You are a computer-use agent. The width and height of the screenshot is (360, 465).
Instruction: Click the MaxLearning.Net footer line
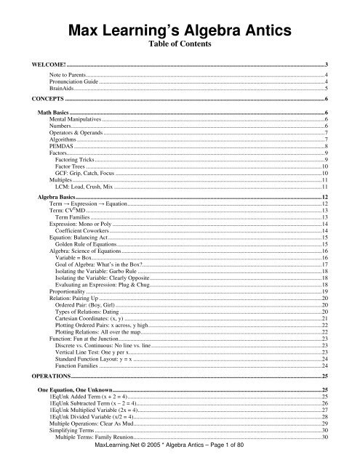180,458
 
